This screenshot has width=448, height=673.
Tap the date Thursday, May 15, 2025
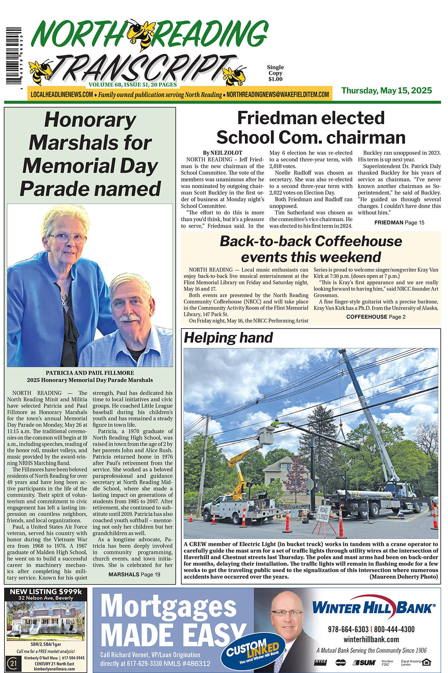pos(386,90)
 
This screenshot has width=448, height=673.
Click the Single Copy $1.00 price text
pos(275,73)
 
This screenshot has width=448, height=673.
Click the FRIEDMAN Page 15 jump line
pos(399,222)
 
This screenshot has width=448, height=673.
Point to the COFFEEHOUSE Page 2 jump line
pos(376,317)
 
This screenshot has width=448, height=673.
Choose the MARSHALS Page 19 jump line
pos(134,574)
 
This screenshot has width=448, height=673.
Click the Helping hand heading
pos(228,337)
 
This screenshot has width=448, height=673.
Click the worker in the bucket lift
pos(276,424)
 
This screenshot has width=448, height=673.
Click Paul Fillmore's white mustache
pos(130,318)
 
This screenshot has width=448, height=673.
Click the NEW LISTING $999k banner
pos(46,592)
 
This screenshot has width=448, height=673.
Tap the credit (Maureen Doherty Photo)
pos(404,577)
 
